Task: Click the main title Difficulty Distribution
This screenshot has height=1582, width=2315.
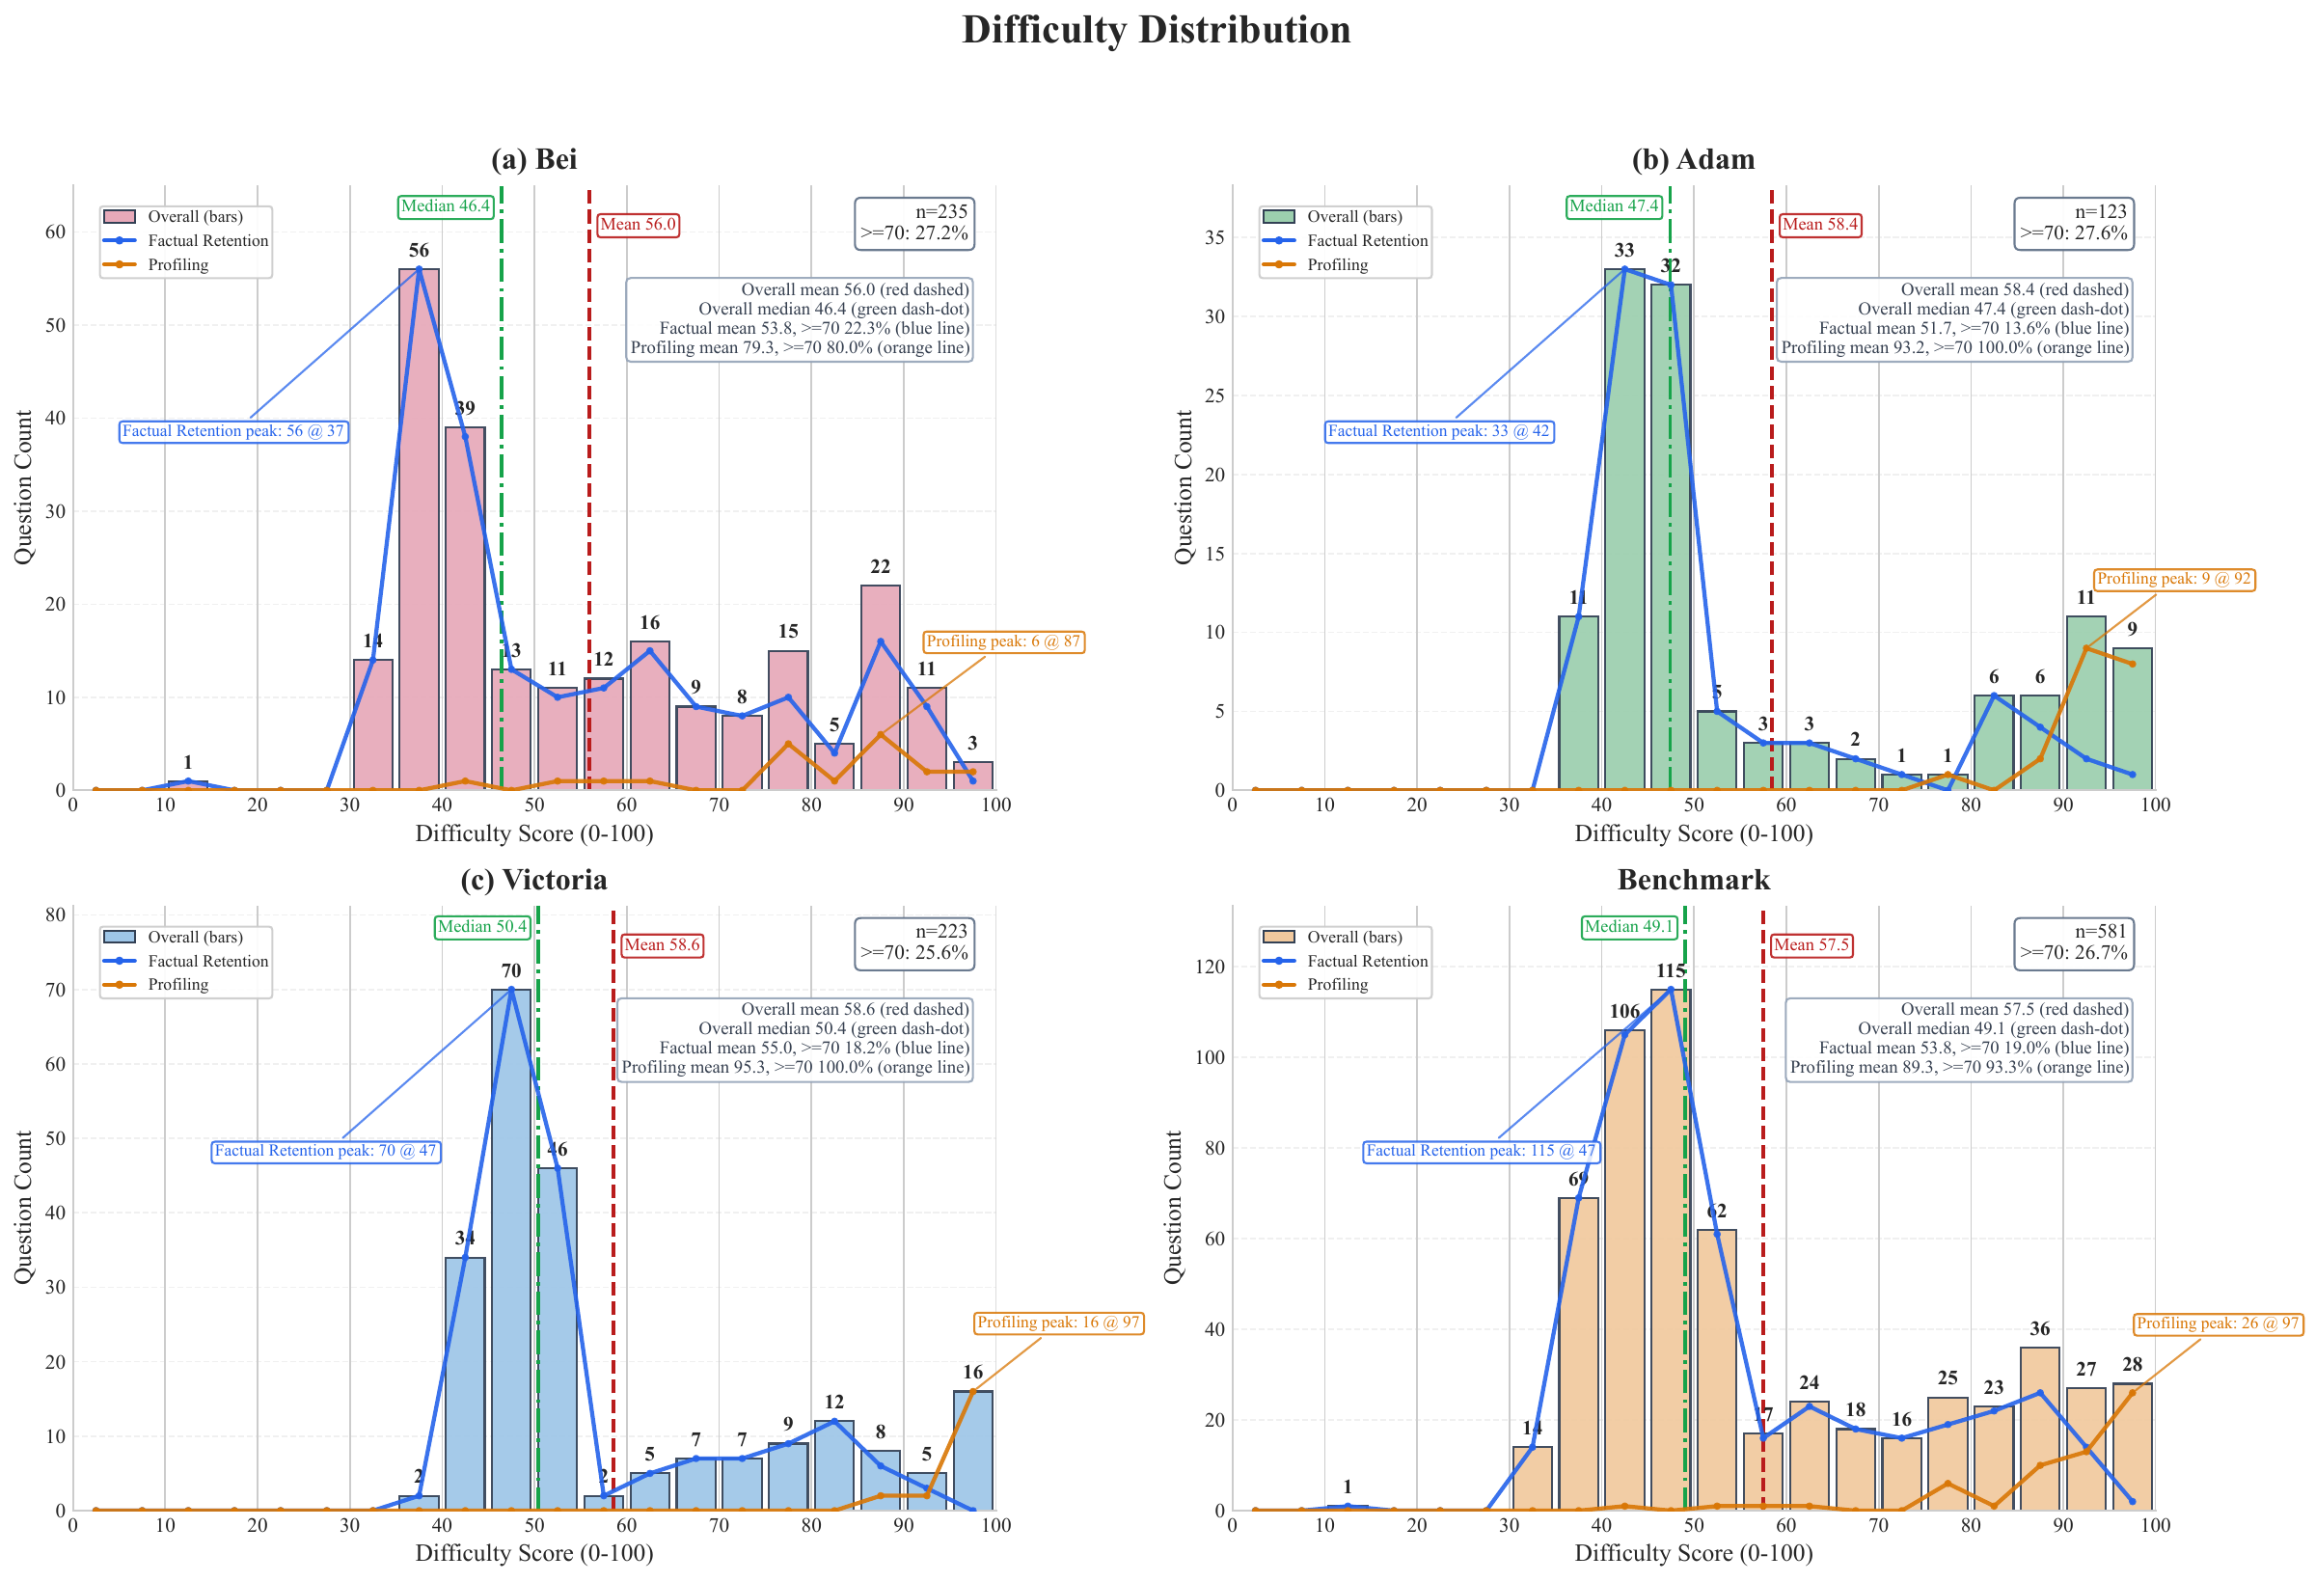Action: tap(1156, 30)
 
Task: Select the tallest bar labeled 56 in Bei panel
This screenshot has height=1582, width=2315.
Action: tap(419, 528)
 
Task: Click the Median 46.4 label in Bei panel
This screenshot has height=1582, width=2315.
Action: tap(446, 206)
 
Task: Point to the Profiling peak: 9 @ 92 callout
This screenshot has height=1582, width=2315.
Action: tap(2172, 579)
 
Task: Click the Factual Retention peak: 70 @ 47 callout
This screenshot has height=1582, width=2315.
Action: tap(326, 1151)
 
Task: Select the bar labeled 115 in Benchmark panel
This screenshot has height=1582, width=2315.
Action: tap(1670, 1245)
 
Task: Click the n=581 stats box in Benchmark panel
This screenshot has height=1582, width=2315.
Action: tap(2072, 941)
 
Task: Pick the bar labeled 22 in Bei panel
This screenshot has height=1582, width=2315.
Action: tap(880, 688)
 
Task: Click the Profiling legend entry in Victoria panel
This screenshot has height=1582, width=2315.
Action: tap(177, 984)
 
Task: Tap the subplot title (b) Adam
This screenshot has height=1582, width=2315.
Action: tap(1693, 159)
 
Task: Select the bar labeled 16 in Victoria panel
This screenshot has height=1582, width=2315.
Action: tap(972, 1450)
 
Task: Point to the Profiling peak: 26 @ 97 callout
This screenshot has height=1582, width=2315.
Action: tap(2218, 1323)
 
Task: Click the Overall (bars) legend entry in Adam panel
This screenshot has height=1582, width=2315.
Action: tap(1352, 216)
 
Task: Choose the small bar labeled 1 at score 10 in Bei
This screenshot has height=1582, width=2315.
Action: tap(187, 785)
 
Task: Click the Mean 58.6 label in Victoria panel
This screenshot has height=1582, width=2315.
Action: tap(662, 944)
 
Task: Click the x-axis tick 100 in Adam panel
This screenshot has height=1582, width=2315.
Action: tap(2154, 805)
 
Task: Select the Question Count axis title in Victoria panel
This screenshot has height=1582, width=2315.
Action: tap(23, 1207)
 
